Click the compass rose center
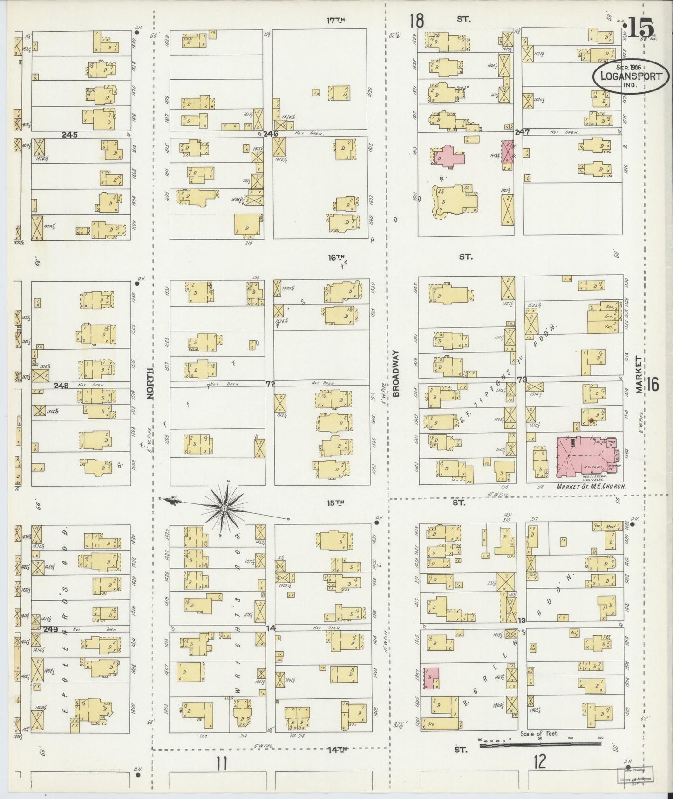(224, 508)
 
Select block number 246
(271, 133)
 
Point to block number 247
(523, 132)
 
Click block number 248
(61, 386)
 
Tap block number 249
(50, 629)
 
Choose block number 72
(270, 384)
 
